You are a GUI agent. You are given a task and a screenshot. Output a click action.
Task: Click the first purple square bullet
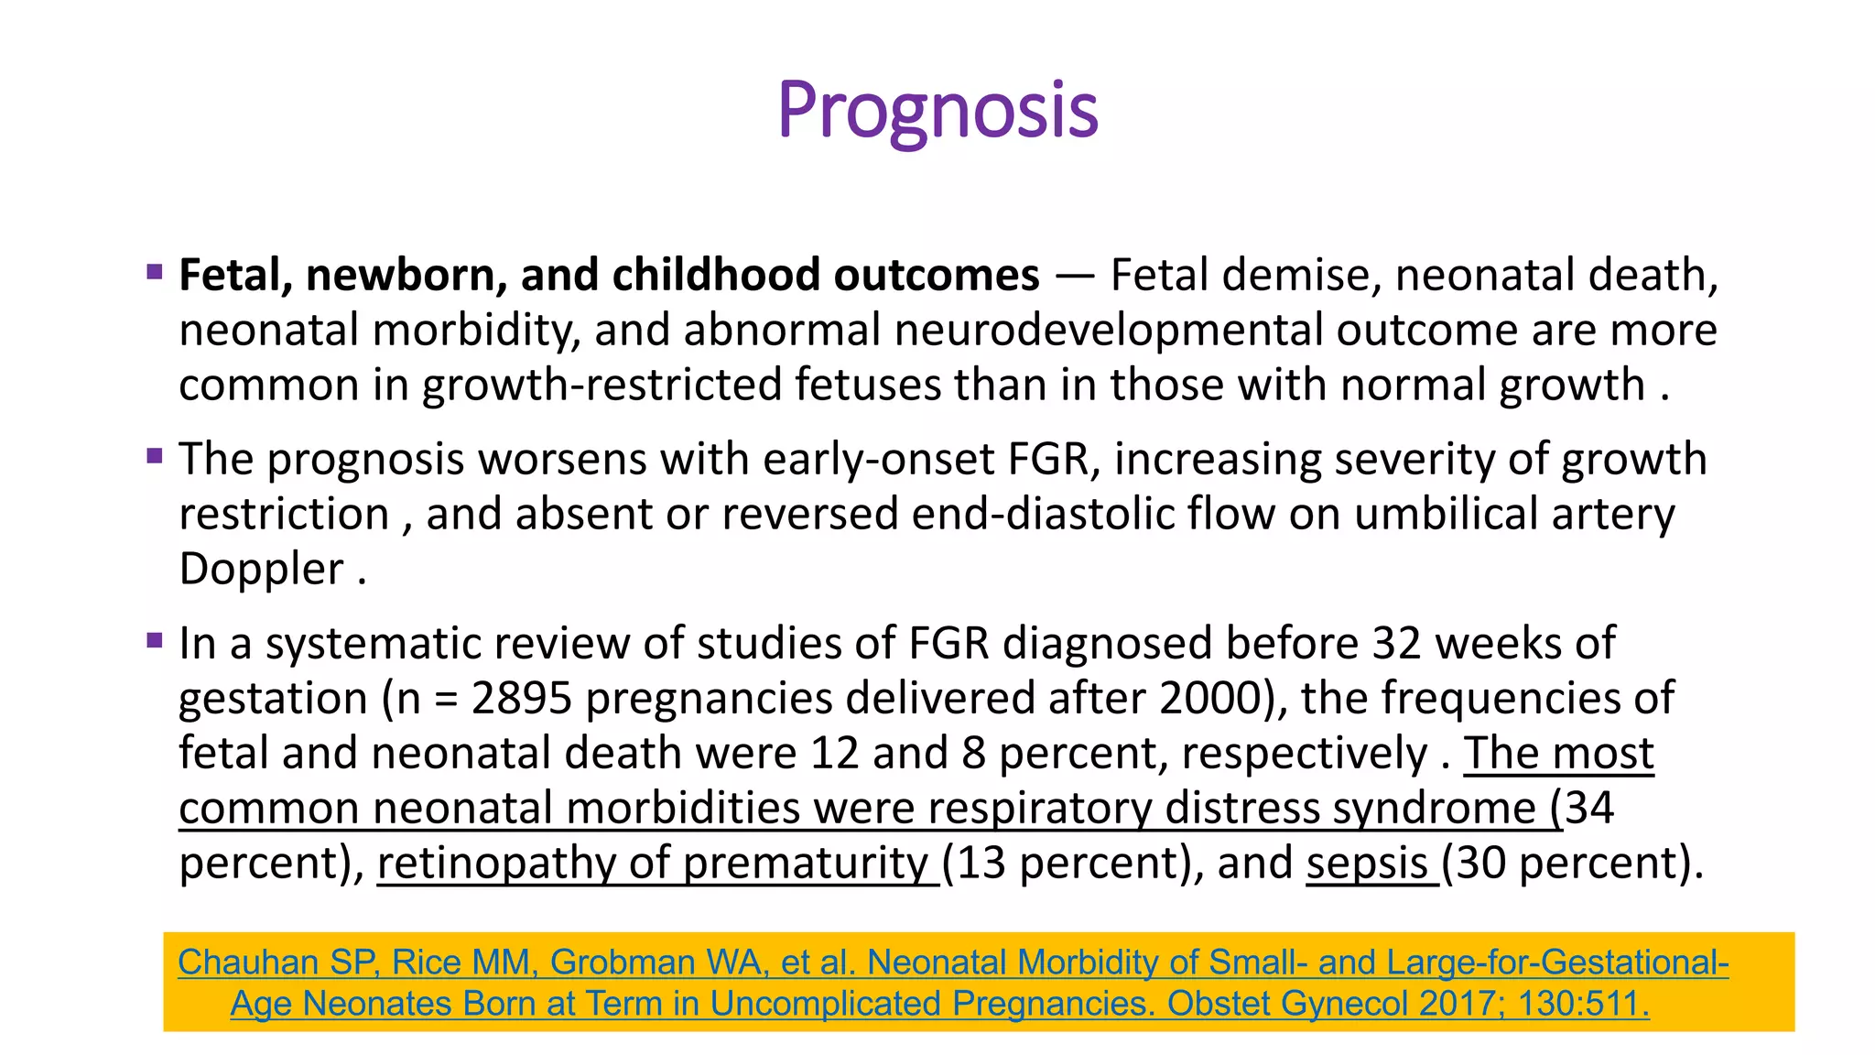155,271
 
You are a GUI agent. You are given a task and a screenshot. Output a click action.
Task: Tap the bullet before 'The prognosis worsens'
155,455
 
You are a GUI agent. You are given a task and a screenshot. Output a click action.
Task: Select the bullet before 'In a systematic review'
155,639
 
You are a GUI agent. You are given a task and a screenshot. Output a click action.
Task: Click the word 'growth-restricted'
602,386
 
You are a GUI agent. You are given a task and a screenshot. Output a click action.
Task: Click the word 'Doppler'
261,570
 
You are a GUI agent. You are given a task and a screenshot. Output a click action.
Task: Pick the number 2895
522,699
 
